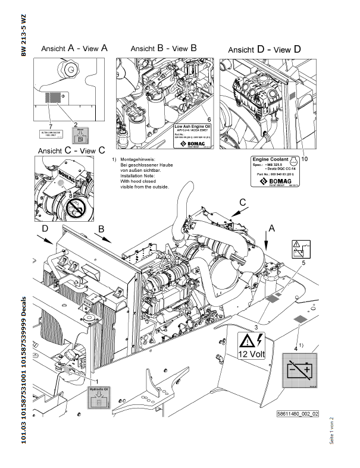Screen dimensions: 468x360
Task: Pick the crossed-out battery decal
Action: (299, 372)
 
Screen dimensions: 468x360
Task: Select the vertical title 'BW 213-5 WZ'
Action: (24, 36)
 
